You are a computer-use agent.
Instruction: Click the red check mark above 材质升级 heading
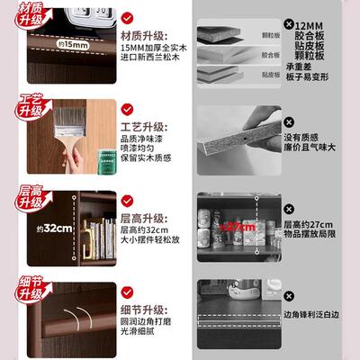[130, 17]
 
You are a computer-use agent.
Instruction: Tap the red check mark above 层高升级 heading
[130, 196]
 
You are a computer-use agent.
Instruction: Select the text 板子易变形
[310, 76]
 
